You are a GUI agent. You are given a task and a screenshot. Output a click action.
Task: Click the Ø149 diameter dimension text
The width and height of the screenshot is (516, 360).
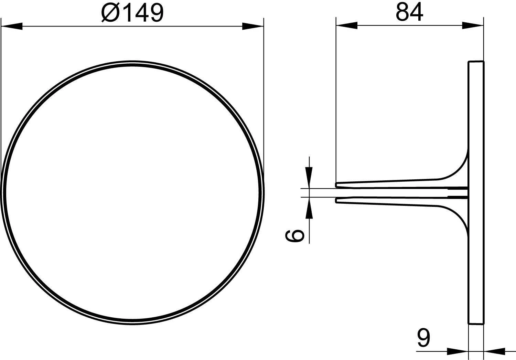click(x=132, y=13)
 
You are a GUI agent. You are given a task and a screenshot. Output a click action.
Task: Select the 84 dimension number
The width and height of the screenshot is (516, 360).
click(x=409, y=12)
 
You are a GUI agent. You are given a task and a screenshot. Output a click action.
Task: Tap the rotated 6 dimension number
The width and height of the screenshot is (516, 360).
click(x=294, y=236)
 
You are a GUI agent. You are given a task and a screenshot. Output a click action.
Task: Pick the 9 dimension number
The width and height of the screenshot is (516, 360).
click(x=423, y=339)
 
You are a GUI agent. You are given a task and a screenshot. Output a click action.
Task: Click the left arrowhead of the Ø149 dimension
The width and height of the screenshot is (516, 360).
click(x=12, y=26)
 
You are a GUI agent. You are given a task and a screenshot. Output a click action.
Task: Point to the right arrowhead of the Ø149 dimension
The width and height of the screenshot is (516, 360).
click(x=253, y=26)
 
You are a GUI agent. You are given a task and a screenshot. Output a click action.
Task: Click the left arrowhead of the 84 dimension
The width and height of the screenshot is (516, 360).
click(x=347, y=25)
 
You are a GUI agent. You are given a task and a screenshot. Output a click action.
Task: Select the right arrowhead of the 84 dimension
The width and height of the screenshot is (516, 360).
click(x=473, y=25)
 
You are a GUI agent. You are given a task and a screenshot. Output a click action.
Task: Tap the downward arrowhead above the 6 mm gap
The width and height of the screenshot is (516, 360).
click(x=309, y=178)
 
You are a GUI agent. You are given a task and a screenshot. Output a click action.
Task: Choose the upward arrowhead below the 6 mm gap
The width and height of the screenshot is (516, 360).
click(x=309, y=208)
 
